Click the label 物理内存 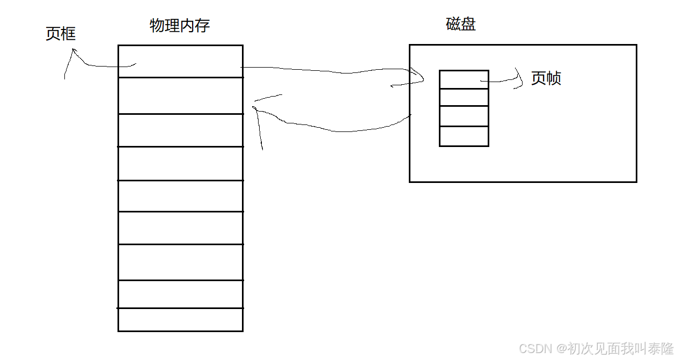tap(180, 25)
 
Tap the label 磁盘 tap(461, 24)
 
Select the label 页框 tap(61, 34)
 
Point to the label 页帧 tap(546, 78)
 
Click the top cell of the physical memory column tap(180, 61)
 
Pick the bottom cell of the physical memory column tap(180, 320)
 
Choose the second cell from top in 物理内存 tap(180, 95)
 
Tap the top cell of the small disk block tap(464, 79)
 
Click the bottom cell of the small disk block tap(464, 136)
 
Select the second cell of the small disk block tap(464, 97)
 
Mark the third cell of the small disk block tap(464, 116)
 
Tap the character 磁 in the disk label tap(453, 24)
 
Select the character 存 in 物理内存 tap(202, 25)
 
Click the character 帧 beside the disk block tap(554, 78)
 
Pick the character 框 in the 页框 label tap(68, 34)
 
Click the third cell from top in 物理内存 tap(180, 130)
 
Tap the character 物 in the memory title tap(157, 25)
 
